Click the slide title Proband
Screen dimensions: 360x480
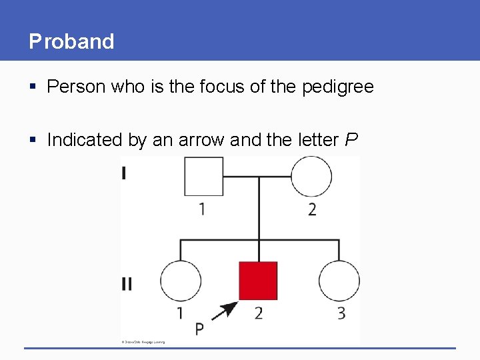pyautogui.click(x=71, y=41)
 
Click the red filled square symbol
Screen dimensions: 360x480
pyautogui.click(x=258, y=281)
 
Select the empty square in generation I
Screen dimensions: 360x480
pyautogui.click(x=203, y=177)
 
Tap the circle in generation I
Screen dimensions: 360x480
pyautogui.click(x=311, y=177)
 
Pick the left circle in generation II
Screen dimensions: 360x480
pyautogui.click(x=181, y=281)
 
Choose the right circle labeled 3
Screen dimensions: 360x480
pyautogui.click(x=339, y=281)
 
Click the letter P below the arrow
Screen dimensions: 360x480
pyautogui.click(x=199, y=329)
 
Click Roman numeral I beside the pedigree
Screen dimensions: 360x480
pyautogui.click(x=125, y=174)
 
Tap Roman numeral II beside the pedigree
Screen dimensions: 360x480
pyautogui.click(x=127, y=285)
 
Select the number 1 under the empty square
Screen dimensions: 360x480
pyautogui.click(x=201, y=209)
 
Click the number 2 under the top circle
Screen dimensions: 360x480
pyautogui.click(x=311, y=209)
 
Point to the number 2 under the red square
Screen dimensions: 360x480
pyautogui.click(x=258, y=313)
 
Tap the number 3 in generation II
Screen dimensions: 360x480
pyautogui.click(x=341, y=313)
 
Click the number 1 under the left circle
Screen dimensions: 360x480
pyautogui.click(x=179, y=313)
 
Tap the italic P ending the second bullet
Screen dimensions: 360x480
pyautogui.click(x=351, y=140)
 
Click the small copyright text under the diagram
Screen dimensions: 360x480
pyautogui.click(x=143, y=342)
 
